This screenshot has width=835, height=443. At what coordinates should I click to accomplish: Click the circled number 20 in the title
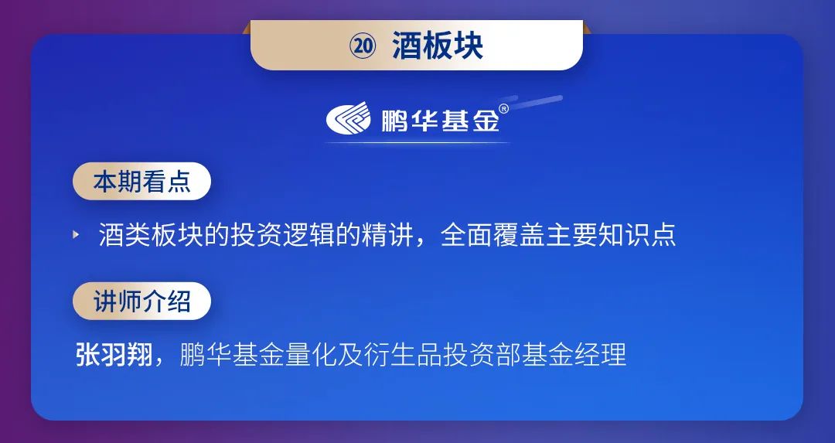coord(363,46)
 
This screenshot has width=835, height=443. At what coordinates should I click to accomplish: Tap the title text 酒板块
coord(438,46)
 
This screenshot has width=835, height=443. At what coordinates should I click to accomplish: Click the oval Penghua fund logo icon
coord(348,118)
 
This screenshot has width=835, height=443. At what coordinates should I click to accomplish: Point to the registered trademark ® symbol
coord(503,108)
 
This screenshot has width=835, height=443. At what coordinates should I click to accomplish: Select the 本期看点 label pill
coord(141,181)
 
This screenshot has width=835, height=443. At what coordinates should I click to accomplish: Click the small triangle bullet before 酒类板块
coord(76,234)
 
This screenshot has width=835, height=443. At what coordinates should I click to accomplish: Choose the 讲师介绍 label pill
coord(141,301)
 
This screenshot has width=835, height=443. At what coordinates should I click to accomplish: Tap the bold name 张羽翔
coord(114,355)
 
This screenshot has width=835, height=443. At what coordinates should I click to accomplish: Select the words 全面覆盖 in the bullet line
coord(492,235)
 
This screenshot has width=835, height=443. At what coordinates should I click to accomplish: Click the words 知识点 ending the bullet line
coord(637,235)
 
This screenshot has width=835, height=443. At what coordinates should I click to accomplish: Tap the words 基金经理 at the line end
coord(574,355)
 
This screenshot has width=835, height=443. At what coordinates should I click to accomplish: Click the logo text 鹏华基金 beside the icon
coord(441,120)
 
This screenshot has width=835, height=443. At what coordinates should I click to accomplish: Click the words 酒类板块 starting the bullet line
coord(151,235)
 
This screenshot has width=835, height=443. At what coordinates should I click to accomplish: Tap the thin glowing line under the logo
coord(417,143)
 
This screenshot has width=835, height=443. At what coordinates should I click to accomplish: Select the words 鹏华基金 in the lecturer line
coord(232,355)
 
